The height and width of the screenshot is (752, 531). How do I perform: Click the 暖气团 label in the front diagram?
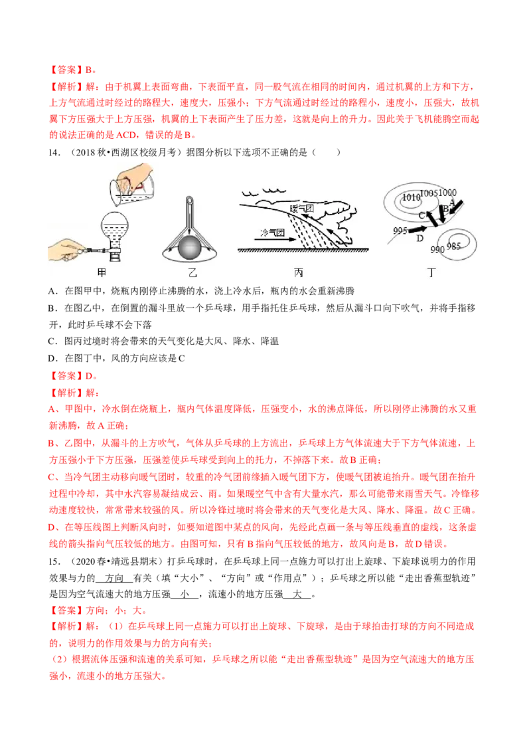(301, 208)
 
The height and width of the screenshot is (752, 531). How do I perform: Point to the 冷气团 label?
(271, 233)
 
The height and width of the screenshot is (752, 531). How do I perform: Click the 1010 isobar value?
(411, 197)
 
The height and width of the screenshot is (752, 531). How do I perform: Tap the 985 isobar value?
(453, 246)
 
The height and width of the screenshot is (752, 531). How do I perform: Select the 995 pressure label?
(400, 231)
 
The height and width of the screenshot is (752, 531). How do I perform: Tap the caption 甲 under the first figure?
(102, 272)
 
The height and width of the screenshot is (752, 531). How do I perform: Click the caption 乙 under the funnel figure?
(192, 273)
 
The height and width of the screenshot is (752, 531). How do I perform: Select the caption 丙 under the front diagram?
(299, 272)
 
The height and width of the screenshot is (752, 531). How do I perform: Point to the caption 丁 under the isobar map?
(431, 272)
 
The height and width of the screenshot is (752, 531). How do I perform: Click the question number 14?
(54, 153)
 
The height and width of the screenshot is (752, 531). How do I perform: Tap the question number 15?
(54, 561)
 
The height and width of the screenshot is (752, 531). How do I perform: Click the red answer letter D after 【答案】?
(89, 376)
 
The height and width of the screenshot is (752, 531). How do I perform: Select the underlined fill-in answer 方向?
(115, 579)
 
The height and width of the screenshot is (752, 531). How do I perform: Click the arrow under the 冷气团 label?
(275, 240)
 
